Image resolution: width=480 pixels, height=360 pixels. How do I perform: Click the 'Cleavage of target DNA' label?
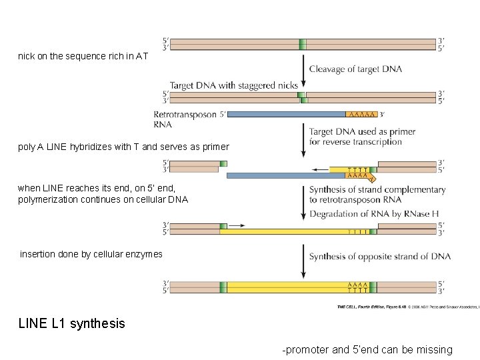[x=355, y=69]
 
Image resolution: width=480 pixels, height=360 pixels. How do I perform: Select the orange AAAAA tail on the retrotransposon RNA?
[x=361, y=115]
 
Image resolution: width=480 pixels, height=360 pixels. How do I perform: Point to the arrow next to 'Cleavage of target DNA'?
[x=304, y=69]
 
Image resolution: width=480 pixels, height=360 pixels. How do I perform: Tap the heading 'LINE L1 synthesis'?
[x=71, y=323]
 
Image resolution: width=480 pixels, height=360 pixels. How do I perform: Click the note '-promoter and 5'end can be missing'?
[x=367, y=350]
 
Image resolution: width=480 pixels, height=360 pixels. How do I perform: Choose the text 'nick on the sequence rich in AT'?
[x=83, y=57]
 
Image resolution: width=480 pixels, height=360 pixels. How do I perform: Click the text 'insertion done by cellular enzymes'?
[x=91, y=254]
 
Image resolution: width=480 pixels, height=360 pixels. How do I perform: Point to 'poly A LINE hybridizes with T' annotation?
[x=123, y=147]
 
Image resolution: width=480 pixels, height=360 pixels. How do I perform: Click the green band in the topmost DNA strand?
[x=303, y=44]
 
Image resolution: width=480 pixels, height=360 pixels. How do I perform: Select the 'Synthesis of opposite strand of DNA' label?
[x=379, y=257]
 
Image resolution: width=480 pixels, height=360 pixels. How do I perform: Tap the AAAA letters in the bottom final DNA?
[x=357, y=284]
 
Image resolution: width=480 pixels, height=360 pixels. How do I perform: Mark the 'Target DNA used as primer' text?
[x=362, y=132]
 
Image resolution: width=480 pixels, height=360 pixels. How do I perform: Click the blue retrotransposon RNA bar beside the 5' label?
[x=287, y=115]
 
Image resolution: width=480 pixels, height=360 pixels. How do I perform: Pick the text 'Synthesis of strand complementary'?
[x=377, y=189]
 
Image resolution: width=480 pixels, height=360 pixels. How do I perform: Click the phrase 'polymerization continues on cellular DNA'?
[x=103, y=199]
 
